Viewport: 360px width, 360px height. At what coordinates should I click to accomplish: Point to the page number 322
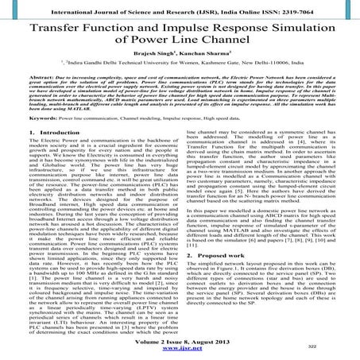click(337, 346)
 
